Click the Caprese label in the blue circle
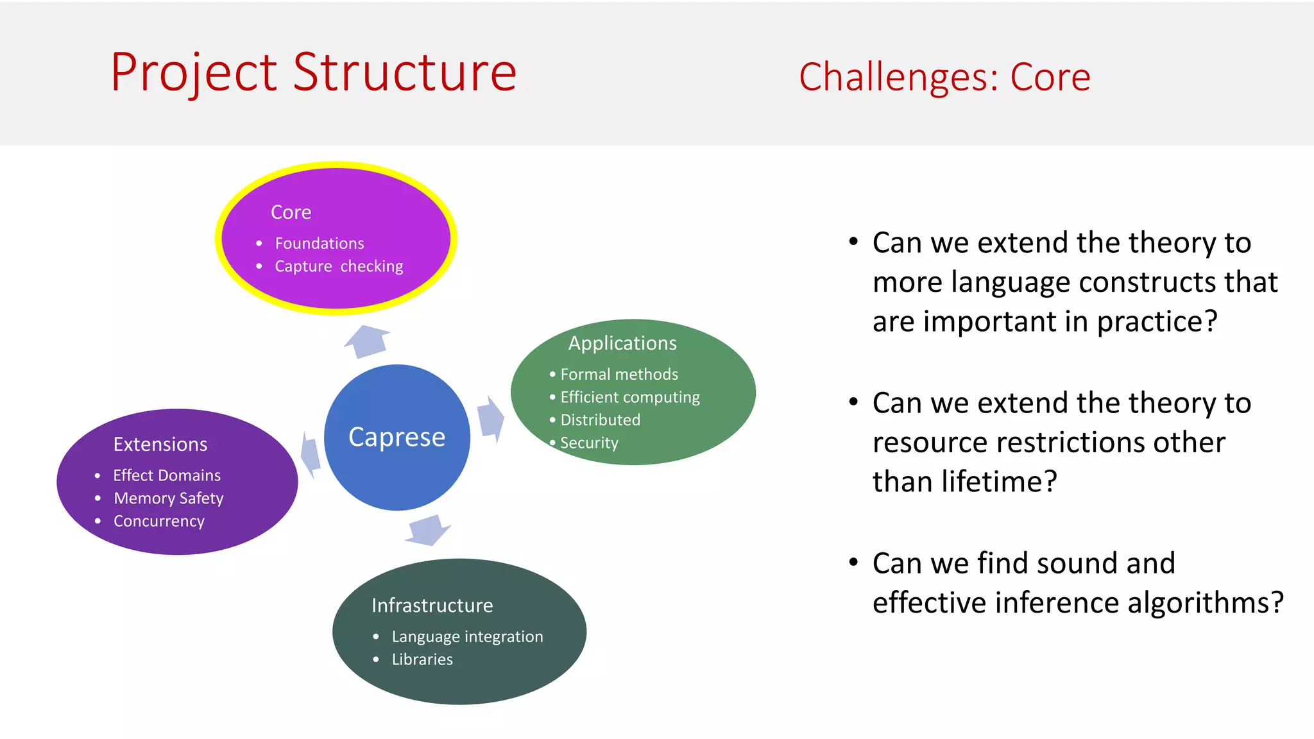(397, 437)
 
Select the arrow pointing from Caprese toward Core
(368, 341)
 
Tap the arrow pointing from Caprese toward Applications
(491, 419)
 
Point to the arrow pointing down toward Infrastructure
(428, 530)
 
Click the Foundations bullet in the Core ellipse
(319, 244)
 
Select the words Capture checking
(339, 266)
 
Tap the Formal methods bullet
(619, 374)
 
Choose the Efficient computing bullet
(629, 397)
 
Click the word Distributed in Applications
(600, 420)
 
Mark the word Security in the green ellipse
(589, 443)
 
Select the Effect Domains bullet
(167, 475)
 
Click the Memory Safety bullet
(168, 498)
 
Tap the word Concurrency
(158, 521)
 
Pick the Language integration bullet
(467, 636)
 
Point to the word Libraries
(422, 659)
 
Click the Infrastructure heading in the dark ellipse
(432, 606)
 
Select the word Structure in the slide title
(405, 72)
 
